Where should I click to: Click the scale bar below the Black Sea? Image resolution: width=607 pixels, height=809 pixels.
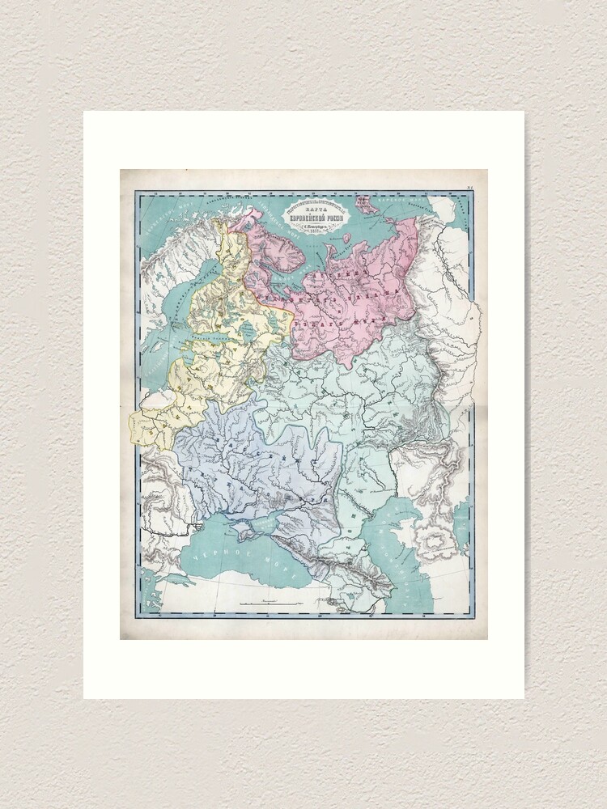(267, 604)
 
